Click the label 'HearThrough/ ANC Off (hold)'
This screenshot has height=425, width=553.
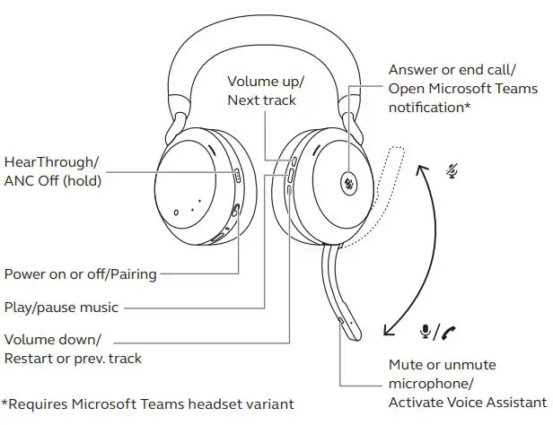52,171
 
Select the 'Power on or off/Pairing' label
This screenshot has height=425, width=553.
81,273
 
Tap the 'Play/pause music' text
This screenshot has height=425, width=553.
61,308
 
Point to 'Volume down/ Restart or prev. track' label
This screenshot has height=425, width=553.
73,349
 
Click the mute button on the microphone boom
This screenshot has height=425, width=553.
342,318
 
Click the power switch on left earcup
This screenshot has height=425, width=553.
236,211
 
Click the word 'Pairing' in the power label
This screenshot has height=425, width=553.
131,273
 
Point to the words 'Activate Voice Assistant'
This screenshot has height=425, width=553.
467,403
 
